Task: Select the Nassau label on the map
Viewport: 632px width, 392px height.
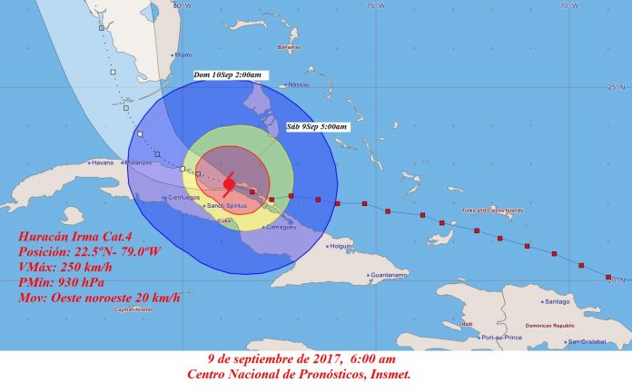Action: (299, 84)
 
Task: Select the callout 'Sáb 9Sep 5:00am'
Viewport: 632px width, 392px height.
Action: (316, 126)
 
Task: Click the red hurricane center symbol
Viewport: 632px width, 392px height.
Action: (229, 184)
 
